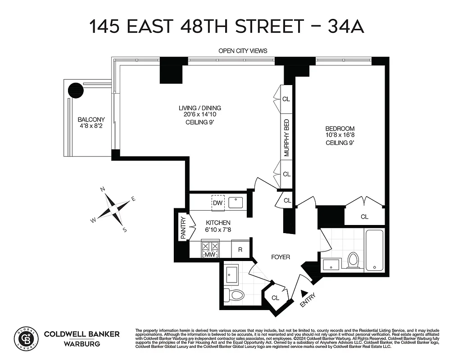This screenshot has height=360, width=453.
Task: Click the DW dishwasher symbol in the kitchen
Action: coord(218,203)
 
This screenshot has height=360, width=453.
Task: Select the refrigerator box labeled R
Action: coord(240,249)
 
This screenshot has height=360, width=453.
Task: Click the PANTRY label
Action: coord(183,228)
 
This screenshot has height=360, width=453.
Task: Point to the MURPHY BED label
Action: coord(286,138)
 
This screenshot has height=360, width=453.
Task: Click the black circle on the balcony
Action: coord(76,90)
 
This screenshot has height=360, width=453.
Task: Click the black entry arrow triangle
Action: coord(304,293)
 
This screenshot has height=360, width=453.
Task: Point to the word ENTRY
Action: coord(310,301)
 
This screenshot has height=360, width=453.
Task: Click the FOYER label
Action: coord(281,257)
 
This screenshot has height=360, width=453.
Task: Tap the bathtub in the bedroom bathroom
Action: coord(375,250)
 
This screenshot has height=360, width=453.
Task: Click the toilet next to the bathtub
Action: coord(353,260)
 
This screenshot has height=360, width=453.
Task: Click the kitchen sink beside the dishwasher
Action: coord(236,202)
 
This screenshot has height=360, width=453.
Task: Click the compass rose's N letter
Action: coord(103,189)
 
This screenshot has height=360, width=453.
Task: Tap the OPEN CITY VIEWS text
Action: coord(243,51)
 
